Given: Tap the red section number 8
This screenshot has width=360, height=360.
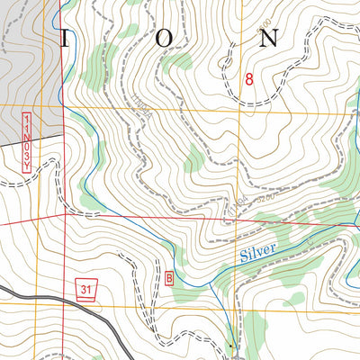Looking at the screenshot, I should point(249,79).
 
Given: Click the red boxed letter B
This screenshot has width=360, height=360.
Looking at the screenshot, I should point(170,277).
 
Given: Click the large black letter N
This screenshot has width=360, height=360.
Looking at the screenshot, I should point(269,38).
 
